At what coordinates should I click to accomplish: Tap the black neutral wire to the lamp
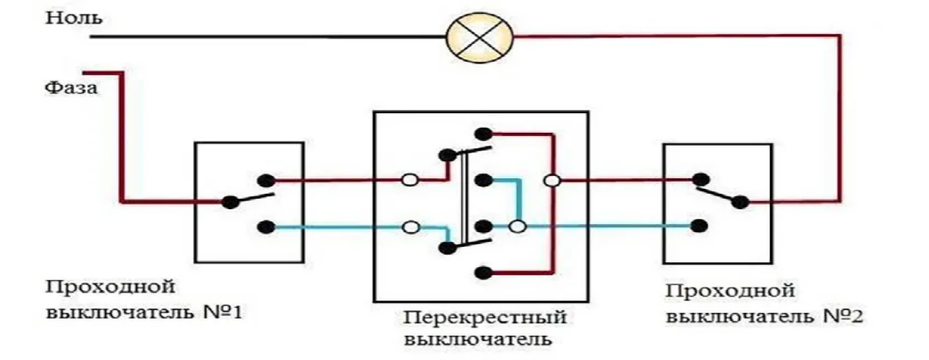pos(269,36)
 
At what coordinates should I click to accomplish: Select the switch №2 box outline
pos(664,204)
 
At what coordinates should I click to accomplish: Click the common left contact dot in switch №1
pos(231,201)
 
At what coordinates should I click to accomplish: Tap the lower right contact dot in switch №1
pos(264,227)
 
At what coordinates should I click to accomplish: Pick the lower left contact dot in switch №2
pos(698,227)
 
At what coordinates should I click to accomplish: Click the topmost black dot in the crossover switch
pos(483,133)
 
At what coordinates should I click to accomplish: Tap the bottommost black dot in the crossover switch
pos(483,272)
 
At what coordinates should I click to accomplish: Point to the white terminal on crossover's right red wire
pos(553,180)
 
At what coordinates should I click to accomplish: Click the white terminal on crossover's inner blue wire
pos(515,227)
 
